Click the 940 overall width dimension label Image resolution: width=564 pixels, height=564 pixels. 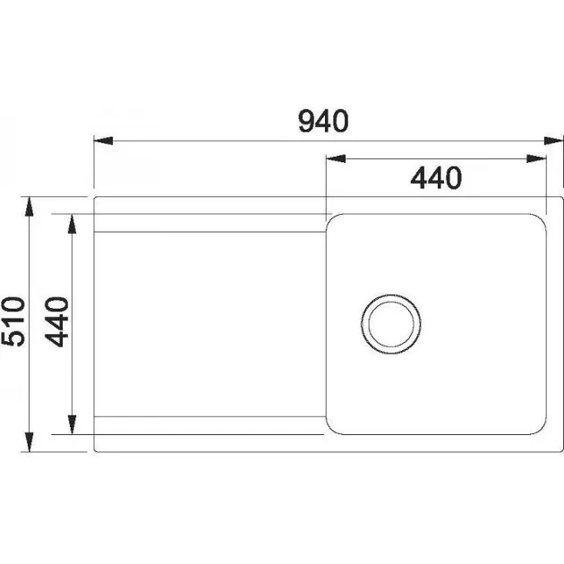(324, 121)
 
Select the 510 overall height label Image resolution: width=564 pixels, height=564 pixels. (13, 321)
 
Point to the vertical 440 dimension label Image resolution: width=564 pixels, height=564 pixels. (56, 322)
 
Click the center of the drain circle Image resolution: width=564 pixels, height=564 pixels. (391, 324)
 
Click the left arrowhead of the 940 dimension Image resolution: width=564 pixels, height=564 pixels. (103, 141)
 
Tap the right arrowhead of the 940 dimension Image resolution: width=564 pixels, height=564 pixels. (553, 141)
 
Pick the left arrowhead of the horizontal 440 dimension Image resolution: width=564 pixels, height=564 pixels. (336, 158)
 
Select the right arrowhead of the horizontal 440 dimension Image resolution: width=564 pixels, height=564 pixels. (536, 158)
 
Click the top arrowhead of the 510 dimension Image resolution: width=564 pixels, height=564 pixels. (30, 207)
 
